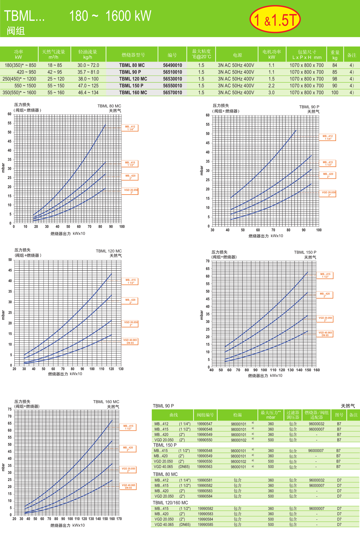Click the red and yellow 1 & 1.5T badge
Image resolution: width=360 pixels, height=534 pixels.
point(275,19)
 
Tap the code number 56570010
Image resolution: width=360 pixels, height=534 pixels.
point(173,93)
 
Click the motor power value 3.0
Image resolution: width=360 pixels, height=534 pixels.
point(271,93)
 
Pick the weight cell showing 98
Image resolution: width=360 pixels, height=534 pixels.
point(335,79)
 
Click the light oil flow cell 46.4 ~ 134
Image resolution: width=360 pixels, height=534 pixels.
point(88,93)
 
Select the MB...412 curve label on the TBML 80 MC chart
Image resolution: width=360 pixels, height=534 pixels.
point(130,128)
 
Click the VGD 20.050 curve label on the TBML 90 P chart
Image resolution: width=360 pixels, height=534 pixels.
point(329,194)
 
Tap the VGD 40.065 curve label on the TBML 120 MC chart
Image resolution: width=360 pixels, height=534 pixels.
point(130,342)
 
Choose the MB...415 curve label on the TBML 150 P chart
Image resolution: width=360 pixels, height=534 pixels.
point(325,275)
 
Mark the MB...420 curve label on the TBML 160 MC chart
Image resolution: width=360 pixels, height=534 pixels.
point(128,449)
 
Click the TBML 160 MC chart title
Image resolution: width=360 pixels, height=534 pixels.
point(106,402)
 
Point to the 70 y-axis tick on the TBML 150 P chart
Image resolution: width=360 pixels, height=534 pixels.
point(208,261)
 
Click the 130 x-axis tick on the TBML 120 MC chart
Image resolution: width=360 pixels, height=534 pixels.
point(121,369)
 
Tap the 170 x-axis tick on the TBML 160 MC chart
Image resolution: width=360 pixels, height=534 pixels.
point(119,519)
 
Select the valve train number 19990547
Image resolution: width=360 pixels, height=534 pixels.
point(205,424)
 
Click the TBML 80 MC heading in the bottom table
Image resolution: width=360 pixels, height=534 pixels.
point(165,474)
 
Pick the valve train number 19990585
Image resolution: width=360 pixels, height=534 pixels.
point(205,524)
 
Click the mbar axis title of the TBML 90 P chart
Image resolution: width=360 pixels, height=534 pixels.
point(202,171)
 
